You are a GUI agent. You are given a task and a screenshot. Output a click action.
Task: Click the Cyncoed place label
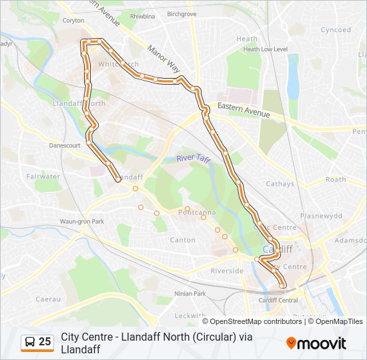[x=335, y=30]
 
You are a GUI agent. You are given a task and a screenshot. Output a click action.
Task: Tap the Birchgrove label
[x=182, y=13]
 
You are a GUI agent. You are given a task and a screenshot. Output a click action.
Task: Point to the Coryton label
[x=74, y=21]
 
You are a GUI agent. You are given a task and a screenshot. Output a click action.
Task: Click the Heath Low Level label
[x=265, y=49]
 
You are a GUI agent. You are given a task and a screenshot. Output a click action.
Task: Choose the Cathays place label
[x=280, y=184]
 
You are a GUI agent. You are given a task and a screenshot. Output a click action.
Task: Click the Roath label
[x=336, y=179]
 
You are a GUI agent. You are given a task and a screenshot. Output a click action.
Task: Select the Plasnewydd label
[x=321, y=216]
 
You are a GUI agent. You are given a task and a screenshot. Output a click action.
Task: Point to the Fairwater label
[x=43, y=177]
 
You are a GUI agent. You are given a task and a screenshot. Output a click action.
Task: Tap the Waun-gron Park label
[x=82, y=221]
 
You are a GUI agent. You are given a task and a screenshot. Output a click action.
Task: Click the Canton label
[x=183, y=239]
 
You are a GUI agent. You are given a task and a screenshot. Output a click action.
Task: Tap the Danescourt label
[x=65, y=145]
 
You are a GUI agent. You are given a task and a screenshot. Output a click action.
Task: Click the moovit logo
[x=316, y=343]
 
